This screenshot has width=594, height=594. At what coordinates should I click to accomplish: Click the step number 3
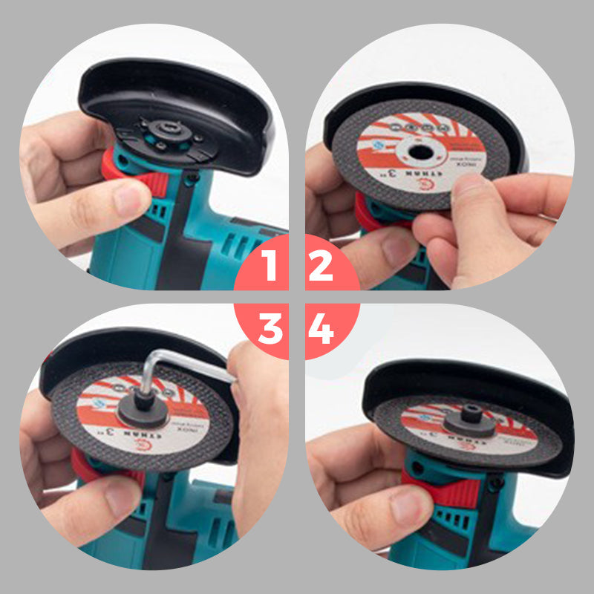tap(270, 329)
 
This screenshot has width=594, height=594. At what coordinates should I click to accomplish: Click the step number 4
tap(322, 329)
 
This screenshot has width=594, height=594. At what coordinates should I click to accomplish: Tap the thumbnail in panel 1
tap(132, 198)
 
